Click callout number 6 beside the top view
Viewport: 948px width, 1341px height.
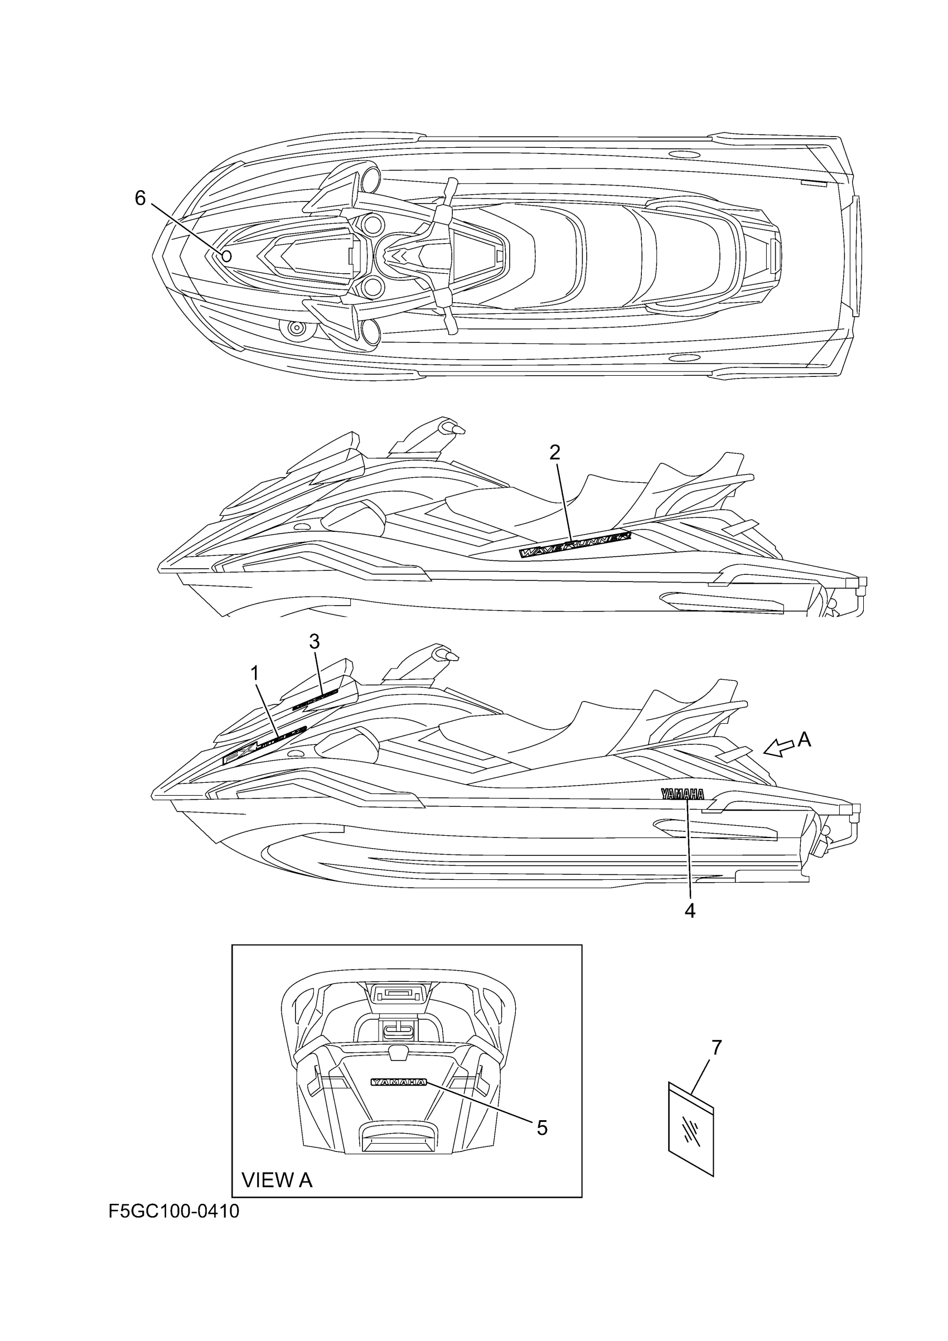(x=140, y=199)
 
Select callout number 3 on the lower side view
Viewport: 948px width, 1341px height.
(x=315, y=642)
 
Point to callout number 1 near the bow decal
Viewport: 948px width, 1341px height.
(x=255, y=674)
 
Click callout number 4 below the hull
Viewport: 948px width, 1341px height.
(x=690, y=911)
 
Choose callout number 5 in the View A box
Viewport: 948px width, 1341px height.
(x=542, y=1128)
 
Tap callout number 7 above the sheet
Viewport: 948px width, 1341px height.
(x=717, y=1047)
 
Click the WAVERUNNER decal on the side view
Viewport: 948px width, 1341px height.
(x=576, y=544)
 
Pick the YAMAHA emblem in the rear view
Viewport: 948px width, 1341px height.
(x=399, y=1082)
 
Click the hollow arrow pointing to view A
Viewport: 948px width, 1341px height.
(x=778, y=748)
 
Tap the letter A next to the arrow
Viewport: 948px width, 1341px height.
(x=804, y=740)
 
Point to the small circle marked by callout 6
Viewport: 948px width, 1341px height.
(x=226, y=256)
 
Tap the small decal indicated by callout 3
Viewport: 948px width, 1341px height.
(x=316, y=698)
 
